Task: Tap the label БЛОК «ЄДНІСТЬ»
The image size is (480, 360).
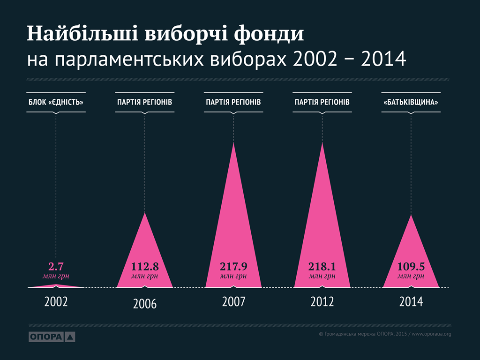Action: pyautogui.click(x=56, y=102)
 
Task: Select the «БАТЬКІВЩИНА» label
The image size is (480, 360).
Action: pyautogui.click(x=411, y=102)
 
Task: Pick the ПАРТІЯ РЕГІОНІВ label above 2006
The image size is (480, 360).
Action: pyautogui.click(x=144, y=102)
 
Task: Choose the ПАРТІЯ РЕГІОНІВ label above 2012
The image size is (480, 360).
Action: pyautogui.click(x=322, y=102)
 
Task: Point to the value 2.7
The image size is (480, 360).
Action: pyautogui.click(x=56, y=267)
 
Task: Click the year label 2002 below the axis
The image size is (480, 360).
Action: pyautogui.click(x=56, y=301)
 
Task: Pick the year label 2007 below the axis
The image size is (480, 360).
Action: pyautogui.click(x=233, y=301)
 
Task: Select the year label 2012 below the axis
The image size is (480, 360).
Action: pyautogui.click(x=322, y=301)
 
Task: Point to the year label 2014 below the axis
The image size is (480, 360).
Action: pyautogui.click(x=411, y=301)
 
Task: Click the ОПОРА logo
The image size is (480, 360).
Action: pyautogui.click(x=52, y=337)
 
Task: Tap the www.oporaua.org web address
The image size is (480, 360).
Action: pyautogui.click(x=431, y=334)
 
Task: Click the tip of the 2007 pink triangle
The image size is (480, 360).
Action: pyautogui.click(x=233, y=143)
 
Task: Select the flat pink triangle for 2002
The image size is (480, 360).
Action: pyautogui.click(x=56, y=286)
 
